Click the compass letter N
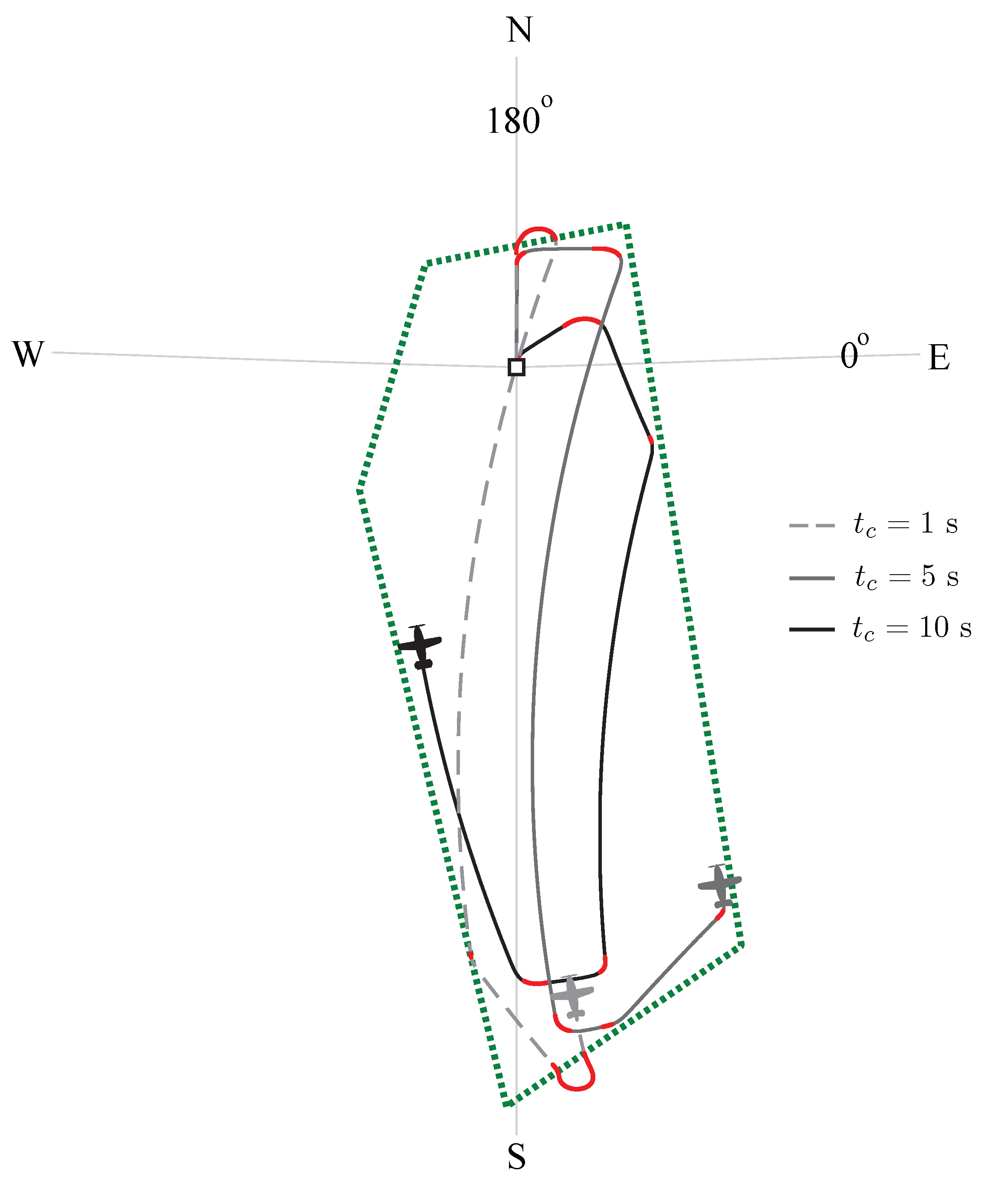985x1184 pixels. click(519, 30)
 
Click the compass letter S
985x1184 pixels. click(516, 1157)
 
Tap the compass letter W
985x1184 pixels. click(28, 355)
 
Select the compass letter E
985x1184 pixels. click(939, 358)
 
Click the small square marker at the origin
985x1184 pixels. click(516, 368)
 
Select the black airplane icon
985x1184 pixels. click(420, 646)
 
